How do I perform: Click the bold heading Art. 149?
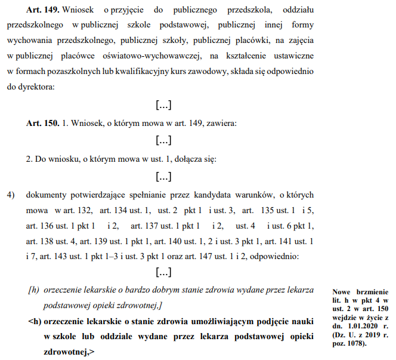click(x=42, y=11)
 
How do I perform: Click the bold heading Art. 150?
click(x=42, y=123)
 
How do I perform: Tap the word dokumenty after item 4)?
click(x=48, y=195)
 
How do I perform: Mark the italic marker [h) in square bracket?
click(x=33, y=291)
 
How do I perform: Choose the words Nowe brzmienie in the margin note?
click(x=360, y=292)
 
